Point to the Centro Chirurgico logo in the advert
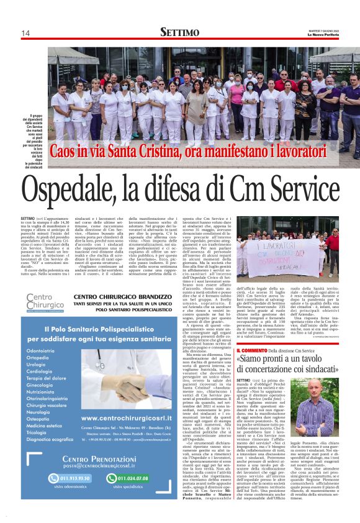(45, 304)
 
